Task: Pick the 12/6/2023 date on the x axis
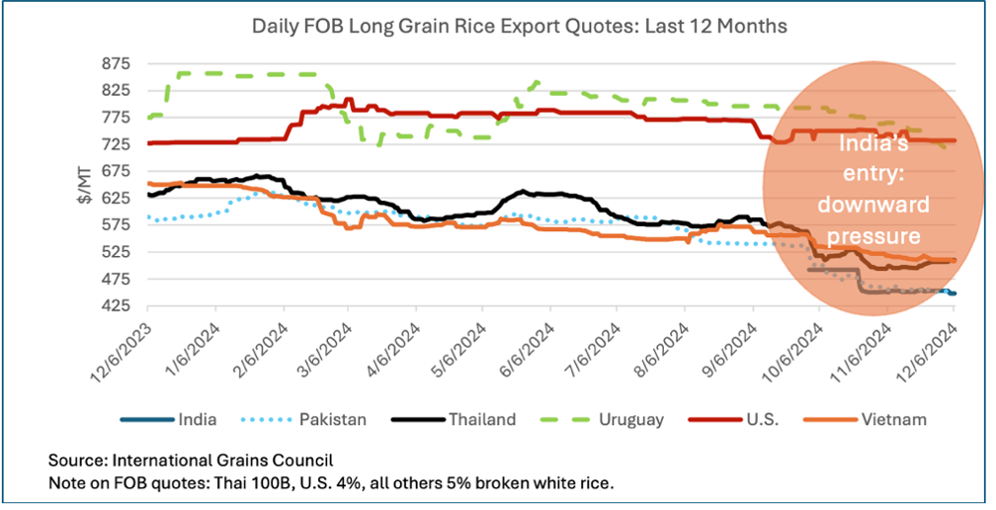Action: pyautogui.click(x=126, y=348)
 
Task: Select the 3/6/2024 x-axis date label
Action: pyautogui.click(x=327, y=348)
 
